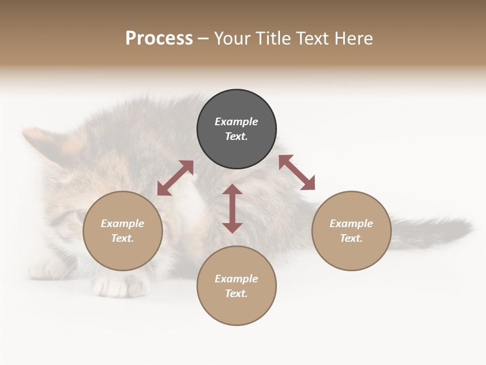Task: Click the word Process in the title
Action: point(159,39)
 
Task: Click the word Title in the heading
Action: point(273,39)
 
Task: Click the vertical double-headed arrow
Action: point(232,208)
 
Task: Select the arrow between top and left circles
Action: point(175,178)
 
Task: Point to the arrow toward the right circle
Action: point(297,172)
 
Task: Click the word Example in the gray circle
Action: point(236,122)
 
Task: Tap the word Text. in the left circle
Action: point(123,238)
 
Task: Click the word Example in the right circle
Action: point(351,224)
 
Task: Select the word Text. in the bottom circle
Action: point(236,294)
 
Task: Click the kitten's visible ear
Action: point(40,142)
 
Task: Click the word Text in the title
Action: point(312,39)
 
